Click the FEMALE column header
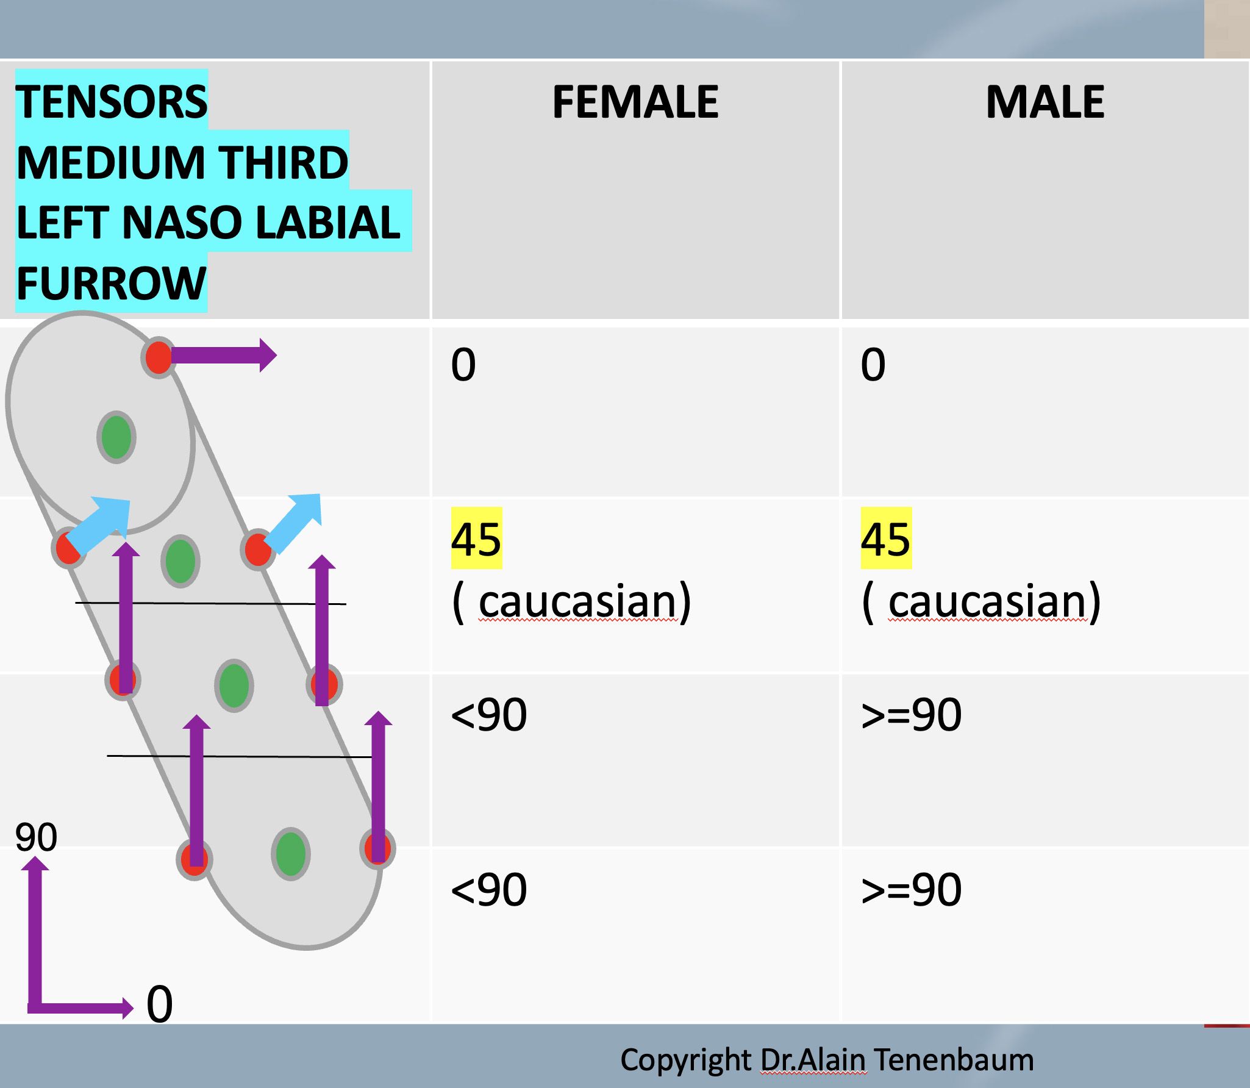635,102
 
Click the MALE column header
1045,102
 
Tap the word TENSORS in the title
112,102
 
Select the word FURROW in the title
111,284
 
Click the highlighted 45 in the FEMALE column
476,539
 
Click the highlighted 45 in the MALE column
885,539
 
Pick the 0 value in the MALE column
873,365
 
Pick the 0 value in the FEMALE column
463,365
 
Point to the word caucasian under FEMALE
577,602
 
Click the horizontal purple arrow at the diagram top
223,355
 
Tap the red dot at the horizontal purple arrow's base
159,357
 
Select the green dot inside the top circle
116,437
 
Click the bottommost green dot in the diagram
291,854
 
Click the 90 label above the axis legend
36,837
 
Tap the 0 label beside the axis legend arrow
159,1004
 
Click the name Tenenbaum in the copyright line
954,1060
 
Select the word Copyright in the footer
685,1060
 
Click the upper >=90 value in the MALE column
911,715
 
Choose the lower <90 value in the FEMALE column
488,890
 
